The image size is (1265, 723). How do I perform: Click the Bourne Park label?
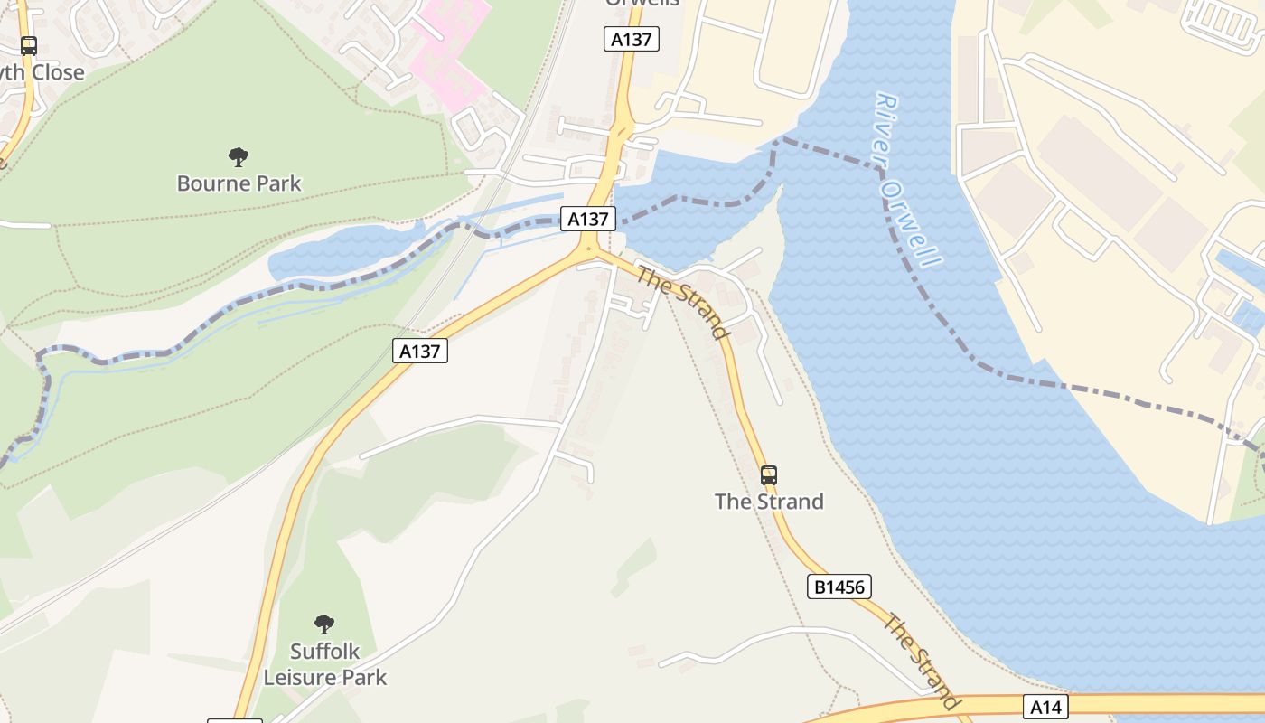[x=239, y=183]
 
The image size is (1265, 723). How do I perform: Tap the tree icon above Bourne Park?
[x=239, y=158]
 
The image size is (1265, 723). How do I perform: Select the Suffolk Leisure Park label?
[x=325, y=664]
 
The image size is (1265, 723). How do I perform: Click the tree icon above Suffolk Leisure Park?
[x=324, y=624]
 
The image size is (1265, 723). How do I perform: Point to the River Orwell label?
[x=908, y=181]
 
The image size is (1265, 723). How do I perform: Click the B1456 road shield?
[x=839, y=587]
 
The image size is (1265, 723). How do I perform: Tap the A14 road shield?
[x=1045, y=706]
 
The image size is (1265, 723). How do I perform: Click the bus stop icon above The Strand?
[x=768, y=474]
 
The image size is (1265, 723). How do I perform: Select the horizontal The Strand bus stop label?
[x=769, y=502]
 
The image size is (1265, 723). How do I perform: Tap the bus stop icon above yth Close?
[x=29, y=46]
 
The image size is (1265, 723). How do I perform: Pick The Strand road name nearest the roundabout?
[x=683, y=302]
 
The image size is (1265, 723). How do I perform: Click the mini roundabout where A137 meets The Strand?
[x=588, y=249]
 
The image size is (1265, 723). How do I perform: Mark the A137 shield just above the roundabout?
[x=587, y=219]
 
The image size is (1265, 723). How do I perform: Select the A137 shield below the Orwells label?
[x=632, y=39]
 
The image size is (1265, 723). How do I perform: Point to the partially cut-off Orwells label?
[x=642, y=4]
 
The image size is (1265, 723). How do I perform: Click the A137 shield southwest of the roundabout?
[x=420, y=351]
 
